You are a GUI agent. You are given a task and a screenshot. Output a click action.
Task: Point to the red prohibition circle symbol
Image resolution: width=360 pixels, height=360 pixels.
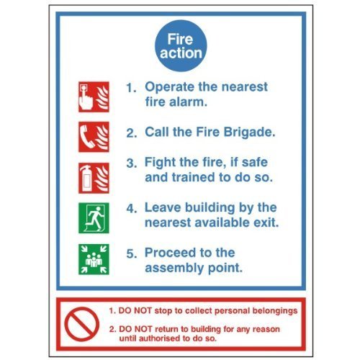(x=81, y=323)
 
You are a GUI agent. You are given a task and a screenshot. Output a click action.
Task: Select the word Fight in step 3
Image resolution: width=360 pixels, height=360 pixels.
(x=161, y=162)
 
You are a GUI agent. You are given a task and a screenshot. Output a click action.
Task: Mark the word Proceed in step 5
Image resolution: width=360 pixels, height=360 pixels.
(x=171, y=253)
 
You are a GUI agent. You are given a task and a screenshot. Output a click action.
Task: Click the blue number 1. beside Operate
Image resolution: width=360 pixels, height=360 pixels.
(x=131, y=88)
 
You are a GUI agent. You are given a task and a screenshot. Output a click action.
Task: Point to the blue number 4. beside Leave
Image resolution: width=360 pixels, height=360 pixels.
(x=131, y=208)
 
